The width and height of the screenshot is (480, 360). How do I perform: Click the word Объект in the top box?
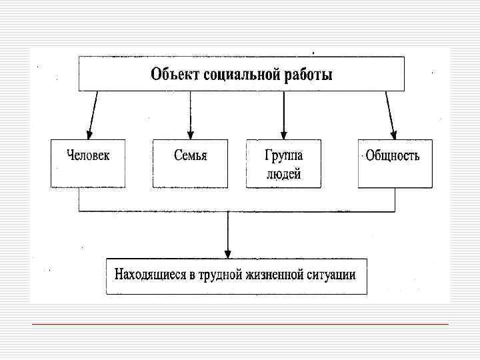[172, 73]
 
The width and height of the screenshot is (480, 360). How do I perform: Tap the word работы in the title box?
[308, 73]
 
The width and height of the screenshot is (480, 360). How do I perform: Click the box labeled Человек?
[88, 163]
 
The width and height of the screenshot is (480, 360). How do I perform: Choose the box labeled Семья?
[190, 163]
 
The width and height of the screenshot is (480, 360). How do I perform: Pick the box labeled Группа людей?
[283, 163]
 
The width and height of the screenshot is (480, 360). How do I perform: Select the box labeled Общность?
[394, 163]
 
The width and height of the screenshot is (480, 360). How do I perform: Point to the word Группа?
[284, 155]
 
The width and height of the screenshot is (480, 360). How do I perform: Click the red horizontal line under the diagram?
[240, 324]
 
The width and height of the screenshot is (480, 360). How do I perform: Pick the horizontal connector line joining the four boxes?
[167, 211]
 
